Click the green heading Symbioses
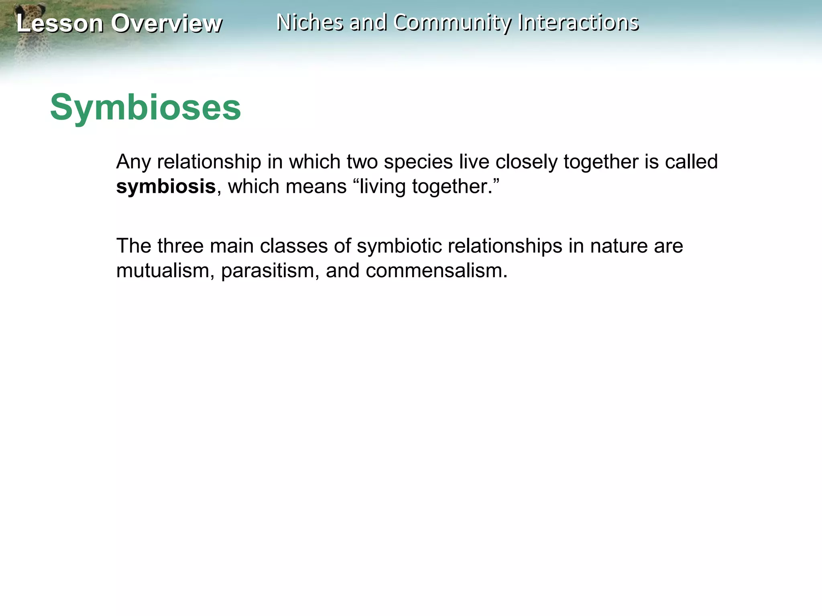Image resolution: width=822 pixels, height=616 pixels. pyautogui.click(x=145, y=107)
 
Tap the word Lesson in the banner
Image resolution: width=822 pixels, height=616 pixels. pyautogui.click(x=60, y=23)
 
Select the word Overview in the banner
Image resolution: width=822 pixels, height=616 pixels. pyautogui.click(x=166, y=23)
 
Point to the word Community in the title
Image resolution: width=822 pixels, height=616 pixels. pyautogui.click(x=452, y=23)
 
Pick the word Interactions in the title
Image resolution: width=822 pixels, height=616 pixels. pyautogui.click(x=578, y=22)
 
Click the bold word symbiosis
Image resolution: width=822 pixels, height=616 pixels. pyautogui.click(x=166, y=187)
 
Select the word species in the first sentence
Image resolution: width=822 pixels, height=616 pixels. pyautogui.click(x=418, y=162)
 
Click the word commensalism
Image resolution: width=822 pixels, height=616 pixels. pyautogui.click(x=436, y=271)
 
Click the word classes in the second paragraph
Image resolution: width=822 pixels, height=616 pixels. pyautogui.click(x=293, y=246)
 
